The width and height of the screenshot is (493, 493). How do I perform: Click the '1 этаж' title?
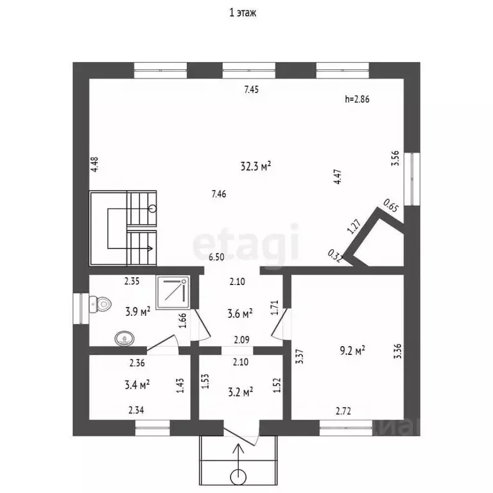[x=243, y=13]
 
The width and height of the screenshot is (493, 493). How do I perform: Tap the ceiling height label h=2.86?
[x=357, y=99]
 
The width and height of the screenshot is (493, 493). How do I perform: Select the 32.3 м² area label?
[x=255, y=166]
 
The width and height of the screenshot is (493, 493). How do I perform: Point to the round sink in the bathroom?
[x=125, y=339]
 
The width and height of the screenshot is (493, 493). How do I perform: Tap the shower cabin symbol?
[x=173, y=293]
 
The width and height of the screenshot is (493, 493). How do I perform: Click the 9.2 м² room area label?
[x=352, y=350]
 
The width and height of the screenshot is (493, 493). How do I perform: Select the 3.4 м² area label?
[x=137, y=385]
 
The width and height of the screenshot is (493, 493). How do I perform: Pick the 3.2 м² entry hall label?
[x=241, y=392]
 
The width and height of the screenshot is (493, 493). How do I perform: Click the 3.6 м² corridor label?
[x=240, y=313]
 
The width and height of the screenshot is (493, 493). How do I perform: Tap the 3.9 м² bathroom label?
[x=138, y=311]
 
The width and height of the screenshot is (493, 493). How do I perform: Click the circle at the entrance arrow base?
[x=238, y=478]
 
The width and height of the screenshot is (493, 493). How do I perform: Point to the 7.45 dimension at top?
[x=252, y=90]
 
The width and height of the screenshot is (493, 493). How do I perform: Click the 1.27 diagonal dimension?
[x=354, y=227]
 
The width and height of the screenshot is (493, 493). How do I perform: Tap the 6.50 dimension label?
[x=216, y=257]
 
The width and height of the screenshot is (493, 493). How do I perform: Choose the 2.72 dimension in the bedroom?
[x=343, y=411]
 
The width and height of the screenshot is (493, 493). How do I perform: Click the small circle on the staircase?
[x=153, y=209]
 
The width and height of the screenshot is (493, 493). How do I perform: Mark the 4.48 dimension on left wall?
[x=94, y=164]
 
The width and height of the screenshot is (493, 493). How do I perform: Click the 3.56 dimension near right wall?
[x=395, y=159]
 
